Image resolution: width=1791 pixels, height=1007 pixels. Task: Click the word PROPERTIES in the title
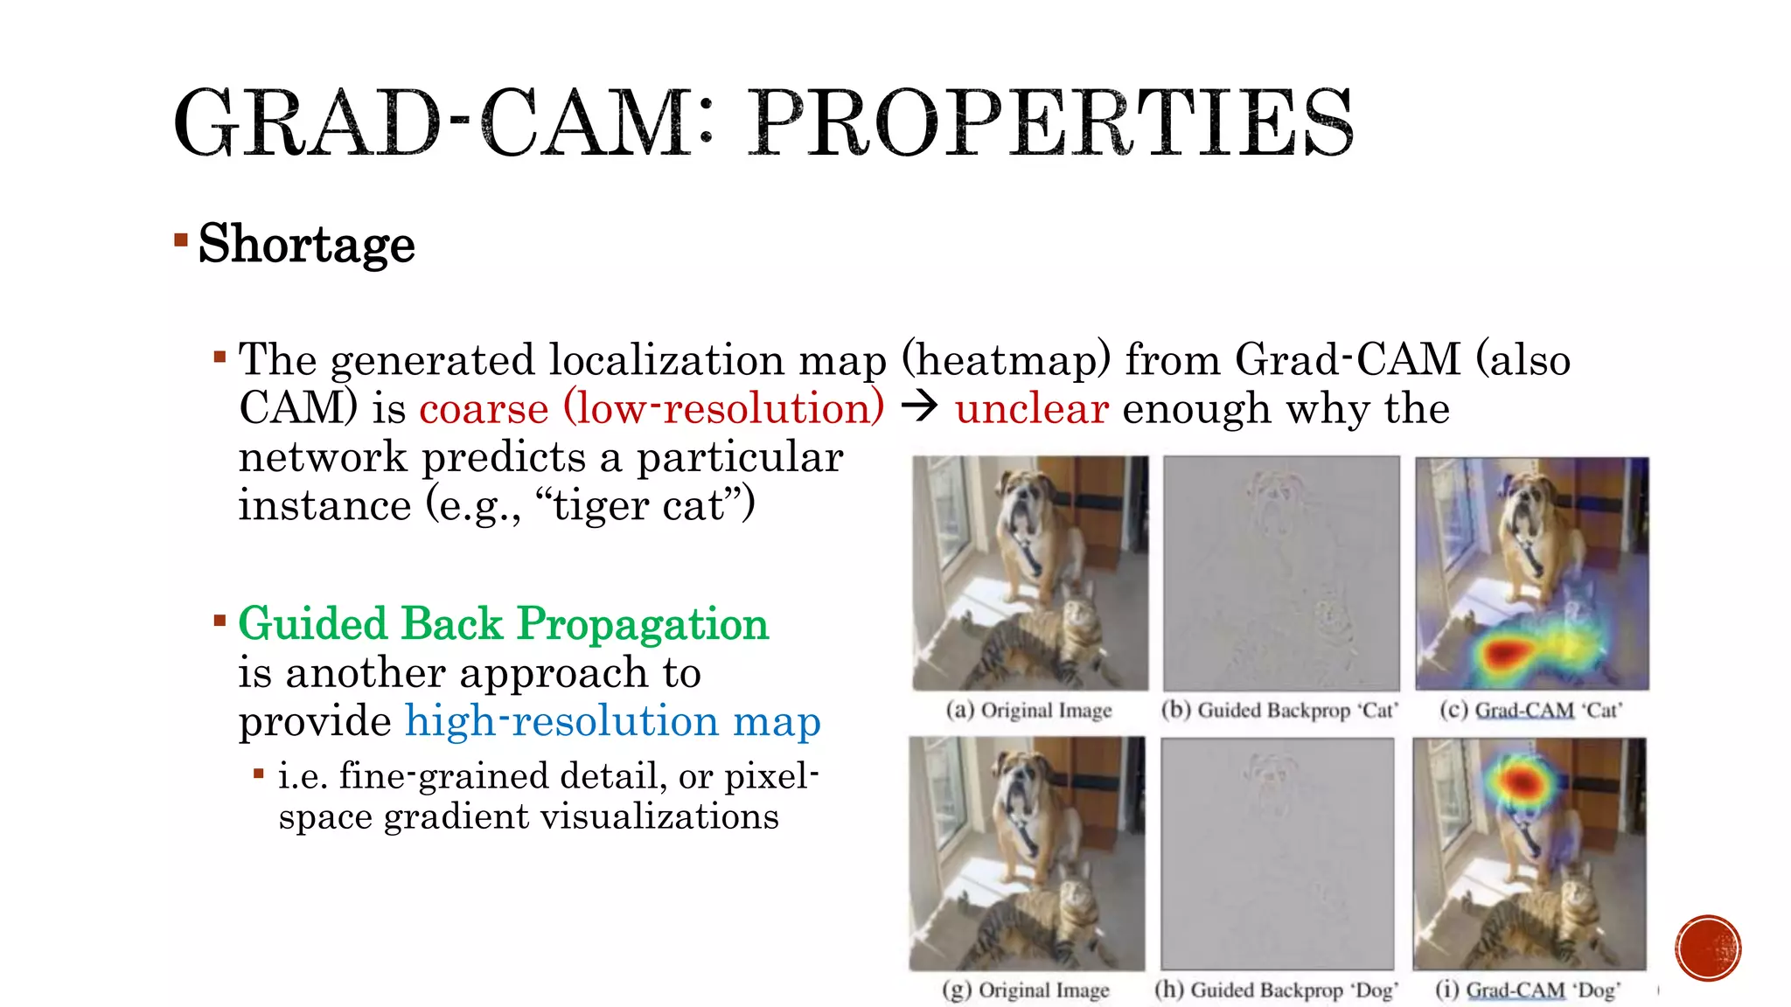tap(1052, 124)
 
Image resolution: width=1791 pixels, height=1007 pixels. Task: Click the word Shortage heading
tap(306, 244)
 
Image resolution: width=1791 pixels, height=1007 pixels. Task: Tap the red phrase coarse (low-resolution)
tap(652, 409)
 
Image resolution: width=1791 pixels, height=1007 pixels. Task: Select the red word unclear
tap(1032, 409)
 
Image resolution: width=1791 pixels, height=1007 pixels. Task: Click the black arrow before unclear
tap(919, 407)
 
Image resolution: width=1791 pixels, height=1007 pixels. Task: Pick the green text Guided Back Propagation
tap(503, 624)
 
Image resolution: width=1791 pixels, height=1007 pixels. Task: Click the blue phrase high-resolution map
tap(612, 721)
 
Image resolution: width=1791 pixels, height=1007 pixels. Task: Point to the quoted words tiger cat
tap(652, 506)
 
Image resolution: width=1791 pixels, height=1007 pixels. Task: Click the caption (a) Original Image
tap(1028, 710)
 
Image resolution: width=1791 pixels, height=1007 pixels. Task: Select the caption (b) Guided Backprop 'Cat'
tap(1279, 710)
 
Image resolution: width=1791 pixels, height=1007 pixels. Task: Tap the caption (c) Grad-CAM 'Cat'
tap(1530, 710)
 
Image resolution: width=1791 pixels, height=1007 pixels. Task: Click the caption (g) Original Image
tap(1025, 990)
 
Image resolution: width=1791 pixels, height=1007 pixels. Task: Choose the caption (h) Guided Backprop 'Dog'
tap(1276, 990)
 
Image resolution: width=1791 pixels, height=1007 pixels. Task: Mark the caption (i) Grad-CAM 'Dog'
tap(1528, 990)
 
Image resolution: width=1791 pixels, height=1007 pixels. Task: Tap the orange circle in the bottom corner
tap(1708, 948)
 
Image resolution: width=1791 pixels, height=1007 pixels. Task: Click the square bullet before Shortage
tap(181, 240)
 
